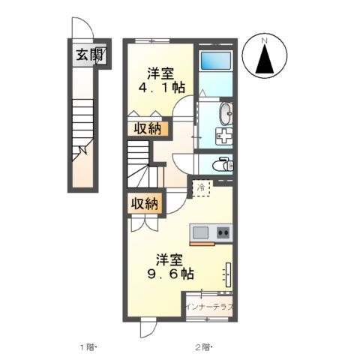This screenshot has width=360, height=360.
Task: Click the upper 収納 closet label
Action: click(x=148, y=128)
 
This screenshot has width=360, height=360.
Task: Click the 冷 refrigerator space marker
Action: click(x=202, y=188)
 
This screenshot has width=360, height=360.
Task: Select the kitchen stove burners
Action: click(x=223, y=232)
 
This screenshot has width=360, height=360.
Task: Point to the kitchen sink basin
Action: click(x=200, y=232)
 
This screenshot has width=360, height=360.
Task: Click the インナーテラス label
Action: click(x=211, y=307)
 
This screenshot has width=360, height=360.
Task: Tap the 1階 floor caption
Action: click(x=89, y=346)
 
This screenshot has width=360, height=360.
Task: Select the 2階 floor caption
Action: click(x=204, y=346)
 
